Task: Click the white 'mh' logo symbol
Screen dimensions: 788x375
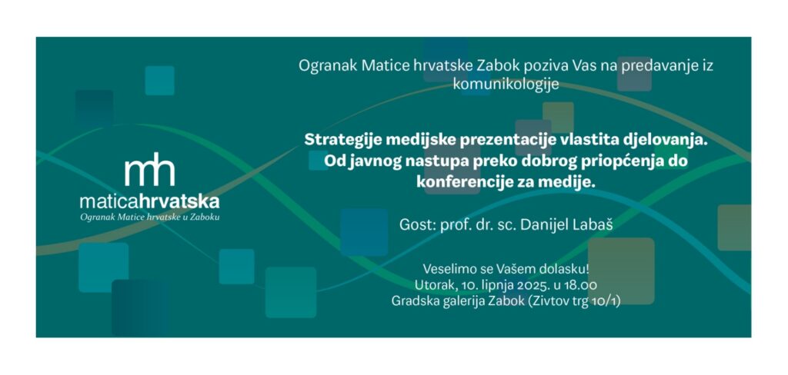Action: tap(150, 169)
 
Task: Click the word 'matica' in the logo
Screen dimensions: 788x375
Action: tap(109, 202)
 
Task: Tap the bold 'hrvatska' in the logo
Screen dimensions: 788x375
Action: tap(179, 202)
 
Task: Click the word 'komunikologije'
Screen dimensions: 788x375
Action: tap(506, 85)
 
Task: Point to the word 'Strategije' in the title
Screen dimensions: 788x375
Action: tap(343, 140)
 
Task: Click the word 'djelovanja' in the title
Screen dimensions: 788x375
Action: tap(657, 140)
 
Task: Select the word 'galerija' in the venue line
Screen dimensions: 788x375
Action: tap(462, 302)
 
